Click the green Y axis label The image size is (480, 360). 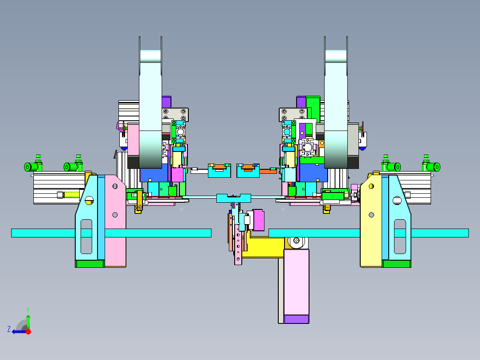pos(28,310)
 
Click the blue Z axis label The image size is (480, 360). pos(9,329)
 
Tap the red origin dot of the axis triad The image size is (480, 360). pos(28,331)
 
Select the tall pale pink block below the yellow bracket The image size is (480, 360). pos(297,282)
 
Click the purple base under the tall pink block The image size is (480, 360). pos(297,319)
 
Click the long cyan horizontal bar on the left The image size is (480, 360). pos(111,233)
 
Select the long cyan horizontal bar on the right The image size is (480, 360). pos(369,233)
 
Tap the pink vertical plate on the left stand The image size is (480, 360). pos(115,221)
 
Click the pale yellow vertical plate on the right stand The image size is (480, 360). pos(371,221)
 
